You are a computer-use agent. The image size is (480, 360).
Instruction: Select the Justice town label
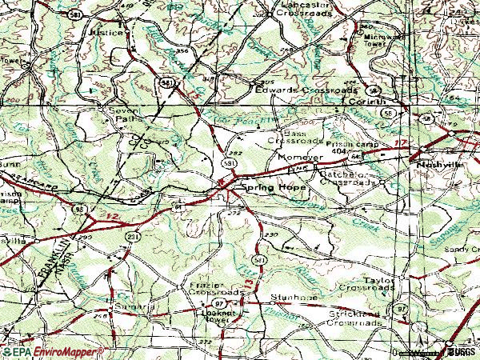tap(110, 34)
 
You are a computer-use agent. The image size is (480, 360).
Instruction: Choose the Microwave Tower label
tap(383, 40)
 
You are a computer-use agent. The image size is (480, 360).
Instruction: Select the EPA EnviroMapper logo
tap(52, 351)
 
